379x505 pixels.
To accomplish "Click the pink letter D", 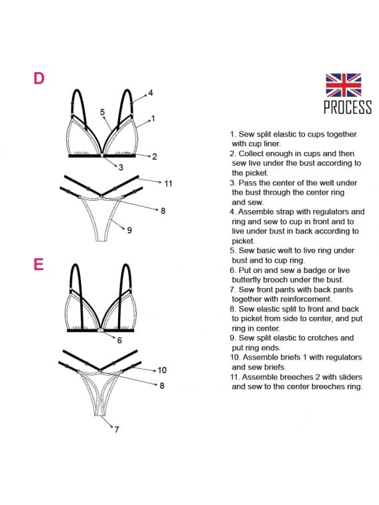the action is [x=39, y=78].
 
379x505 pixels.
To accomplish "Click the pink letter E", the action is [x=38, y=264].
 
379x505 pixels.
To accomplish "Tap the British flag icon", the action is [x=343, y=85].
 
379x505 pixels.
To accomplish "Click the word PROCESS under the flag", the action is [x=348, y=107].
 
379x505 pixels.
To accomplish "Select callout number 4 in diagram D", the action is [x=150, y=93].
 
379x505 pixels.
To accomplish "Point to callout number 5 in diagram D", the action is [x=102, y=112].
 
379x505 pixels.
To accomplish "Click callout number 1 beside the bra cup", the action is [x=153, y=119].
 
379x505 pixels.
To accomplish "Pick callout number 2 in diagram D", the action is [x=154, y=157].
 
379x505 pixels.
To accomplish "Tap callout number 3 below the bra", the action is [x=121, y=167].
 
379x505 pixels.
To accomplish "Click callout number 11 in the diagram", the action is [x=168, y=183].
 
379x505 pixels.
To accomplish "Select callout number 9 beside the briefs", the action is [x=129, y=230].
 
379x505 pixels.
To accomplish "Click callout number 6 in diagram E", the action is [x=119, y=340].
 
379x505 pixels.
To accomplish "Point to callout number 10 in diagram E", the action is [x=162, y=370].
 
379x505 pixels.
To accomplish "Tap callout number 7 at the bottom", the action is [x=117, y=430].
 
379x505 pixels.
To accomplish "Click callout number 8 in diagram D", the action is [x=163, y=211].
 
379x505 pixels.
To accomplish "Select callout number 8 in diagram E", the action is [x=161, y=386].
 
